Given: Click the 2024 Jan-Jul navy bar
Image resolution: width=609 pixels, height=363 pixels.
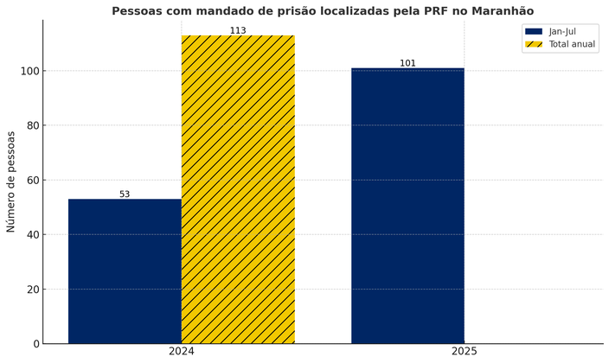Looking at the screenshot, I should pos(125,271).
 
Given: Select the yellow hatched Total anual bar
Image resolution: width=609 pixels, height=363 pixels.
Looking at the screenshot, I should pos(238,189).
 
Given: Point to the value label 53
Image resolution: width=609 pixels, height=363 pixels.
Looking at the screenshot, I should pos(125,194).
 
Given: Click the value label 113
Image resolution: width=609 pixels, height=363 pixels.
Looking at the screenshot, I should pos(238,31).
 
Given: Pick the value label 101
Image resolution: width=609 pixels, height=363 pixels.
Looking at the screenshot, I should pos(407,63).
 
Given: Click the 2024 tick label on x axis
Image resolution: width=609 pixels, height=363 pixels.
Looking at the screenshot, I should pos(182,352).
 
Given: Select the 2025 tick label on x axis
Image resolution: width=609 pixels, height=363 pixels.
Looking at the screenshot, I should pos(465,352).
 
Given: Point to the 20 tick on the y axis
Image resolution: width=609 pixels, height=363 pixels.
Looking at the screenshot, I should pos(32,290).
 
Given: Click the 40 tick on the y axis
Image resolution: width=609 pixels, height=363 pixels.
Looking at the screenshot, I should pos(32,235).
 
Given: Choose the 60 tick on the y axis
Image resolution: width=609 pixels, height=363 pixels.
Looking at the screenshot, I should pos(32,180).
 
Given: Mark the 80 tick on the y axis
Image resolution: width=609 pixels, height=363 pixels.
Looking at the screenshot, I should pos(32,125).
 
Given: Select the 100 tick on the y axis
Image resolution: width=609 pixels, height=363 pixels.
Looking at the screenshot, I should pos(29,71).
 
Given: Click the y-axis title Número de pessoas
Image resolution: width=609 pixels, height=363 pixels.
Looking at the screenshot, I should pos(11,181).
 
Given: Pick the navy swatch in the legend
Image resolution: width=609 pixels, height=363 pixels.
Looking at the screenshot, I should pos(534,31).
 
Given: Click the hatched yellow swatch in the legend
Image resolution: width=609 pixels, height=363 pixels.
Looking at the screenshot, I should pos(534,44).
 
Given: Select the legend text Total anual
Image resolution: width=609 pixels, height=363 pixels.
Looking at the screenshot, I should pos(572,44).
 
